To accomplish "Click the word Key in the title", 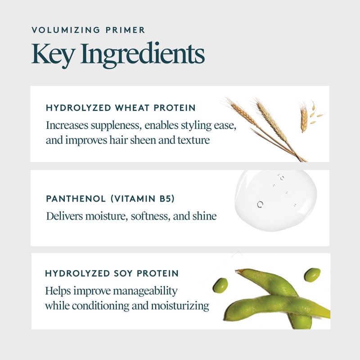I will tap(48, 54).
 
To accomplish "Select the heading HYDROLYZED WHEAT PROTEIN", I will tap(121, 108).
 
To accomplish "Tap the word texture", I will tap(194, 140).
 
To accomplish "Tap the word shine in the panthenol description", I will tap(204, 216).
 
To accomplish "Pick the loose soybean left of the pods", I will tap(220, 285).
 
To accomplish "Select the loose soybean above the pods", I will tap(312, 274).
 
